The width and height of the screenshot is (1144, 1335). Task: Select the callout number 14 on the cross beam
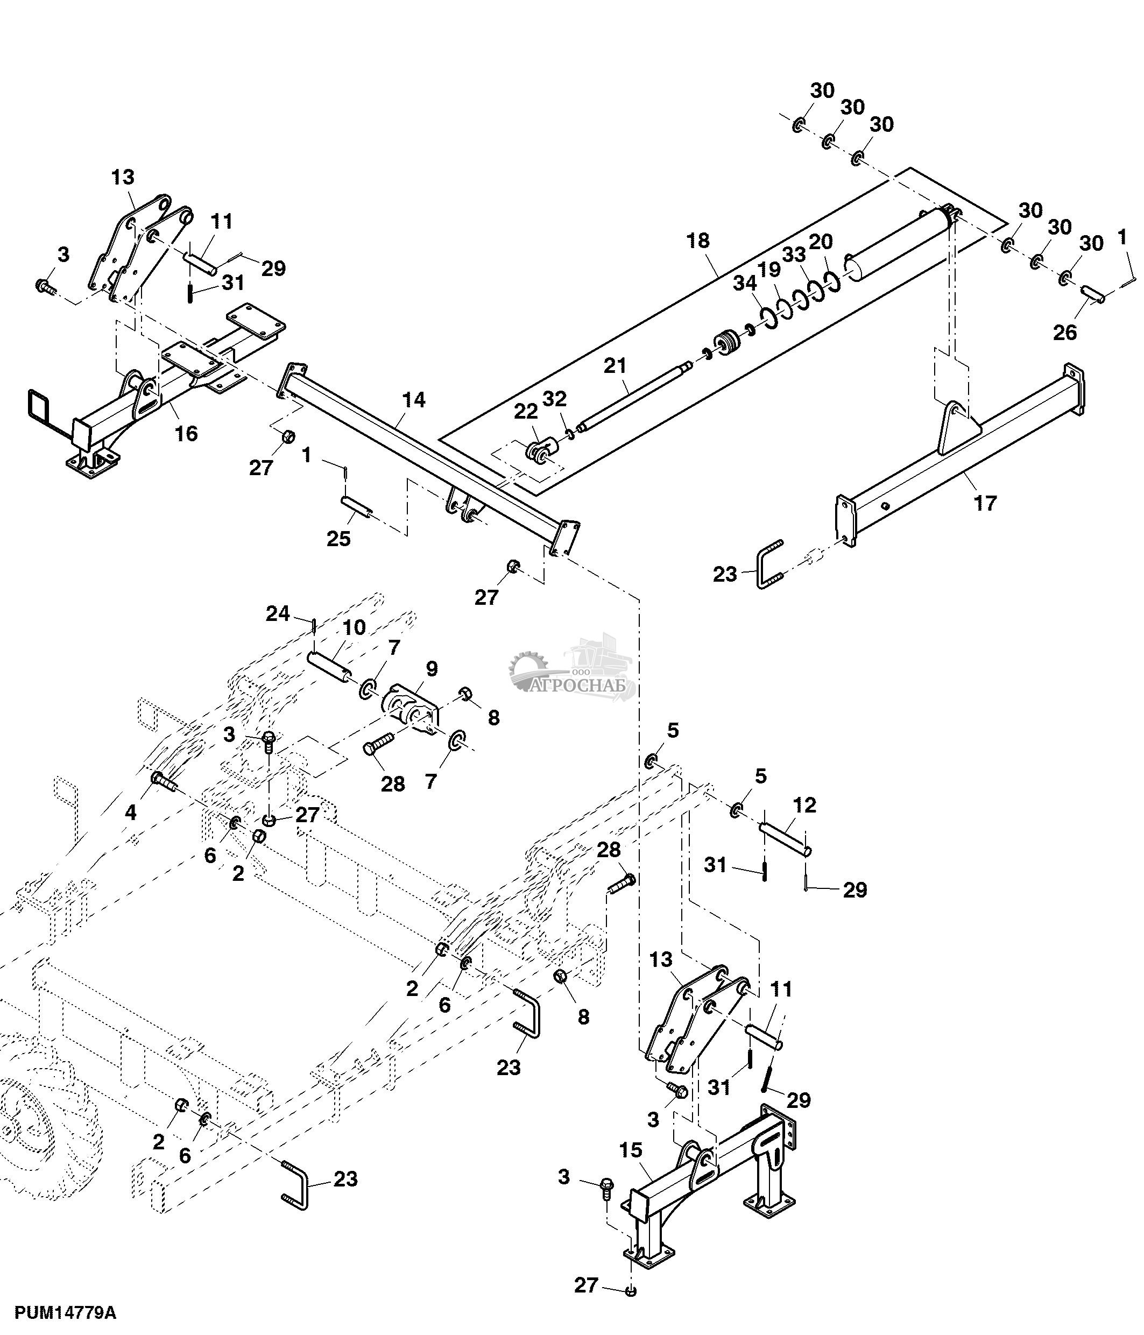[x=414, y=400]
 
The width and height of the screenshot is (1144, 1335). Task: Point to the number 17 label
[x=985, y=503]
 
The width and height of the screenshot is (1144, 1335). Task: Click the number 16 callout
[x=186, y=434]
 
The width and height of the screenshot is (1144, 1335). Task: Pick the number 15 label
[x=631, y=1149]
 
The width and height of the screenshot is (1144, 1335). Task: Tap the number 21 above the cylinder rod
[x=615, y=366]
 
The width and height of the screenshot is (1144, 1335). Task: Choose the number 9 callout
[x=431, y=669]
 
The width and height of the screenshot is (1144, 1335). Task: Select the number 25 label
[x=338, y=539]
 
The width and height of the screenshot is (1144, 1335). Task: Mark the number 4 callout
[x=131, y=813]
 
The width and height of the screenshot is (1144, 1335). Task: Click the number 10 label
[x=354, y=627]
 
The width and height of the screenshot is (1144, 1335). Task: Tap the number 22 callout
[x=526, y=411]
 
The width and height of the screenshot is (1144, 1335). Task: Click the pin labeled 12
[x=785, y=840]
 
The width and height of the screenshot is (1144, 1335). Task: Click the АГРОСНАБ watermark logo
[x=572, y=673]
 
